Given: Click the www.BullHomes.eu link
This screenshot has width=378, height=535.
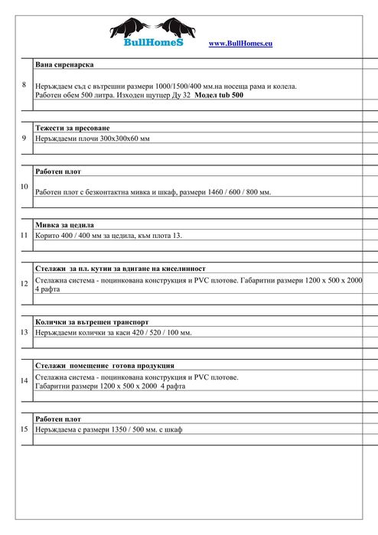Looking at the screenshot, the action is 240,44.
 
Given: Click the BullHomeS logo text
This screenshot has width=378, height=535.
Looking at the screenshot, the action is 151,44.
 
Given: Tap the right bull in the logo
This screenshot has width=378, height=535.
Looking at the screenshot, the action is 175,28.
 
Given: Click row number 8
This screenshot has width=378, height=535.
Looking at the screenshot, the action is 24,84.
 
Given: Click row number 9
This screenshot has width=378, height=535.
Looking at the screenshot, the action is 24,138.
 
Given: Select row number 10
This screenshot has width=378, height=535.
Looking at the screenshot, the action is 24,186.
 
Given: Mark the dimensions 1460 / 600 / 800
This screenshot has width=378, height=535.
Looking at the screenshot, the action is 228,192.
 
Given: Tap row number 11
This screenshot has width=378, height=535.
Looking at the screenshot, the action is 24,235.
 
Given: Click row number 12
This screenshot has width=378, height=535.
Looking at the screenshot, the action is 24,284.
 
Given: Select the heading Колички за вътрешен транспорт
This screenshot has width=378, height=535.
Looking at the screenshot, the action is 91,322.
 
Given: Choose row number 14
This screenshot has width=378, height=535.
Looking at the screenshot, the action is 24,380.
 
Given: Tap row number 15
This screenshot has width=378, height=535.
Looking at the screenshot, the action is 24,429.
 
